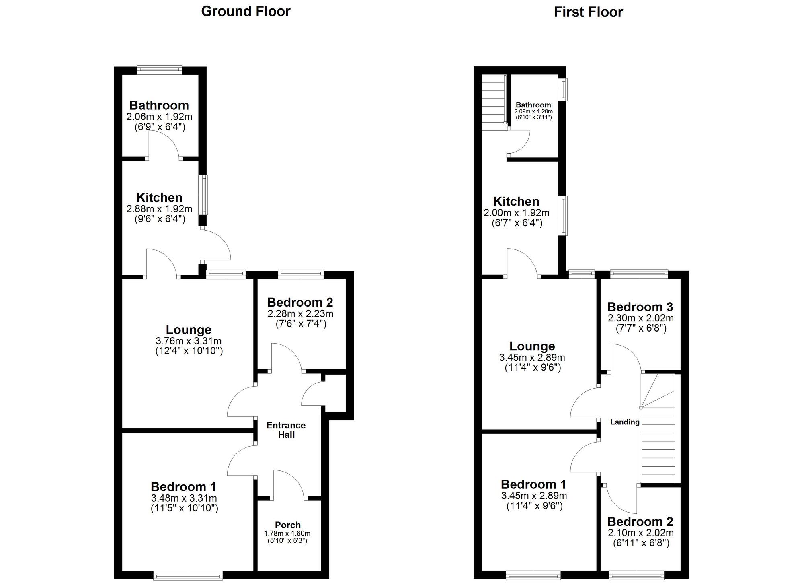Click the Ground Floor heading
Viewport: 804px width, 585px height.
click(246, 11)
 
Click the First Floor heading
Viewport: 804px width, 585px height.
click(588, 12)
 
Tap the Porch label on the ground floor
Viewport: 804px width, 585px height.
click(288, 525)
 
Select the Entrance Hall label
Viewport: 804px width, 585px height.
click(286, 430)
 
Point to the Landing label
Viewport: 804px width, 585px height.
click(625, 422)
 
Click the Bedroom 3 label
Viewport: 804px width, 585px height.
click(640, 307)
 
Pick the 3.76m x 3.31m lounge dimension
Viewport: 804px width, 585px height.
click(189, 341)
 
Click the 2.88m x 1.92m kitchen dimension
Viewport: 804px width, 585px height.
click(159, 209)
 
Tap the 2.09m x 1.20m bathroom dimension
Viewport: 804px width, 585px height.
click(533, 111)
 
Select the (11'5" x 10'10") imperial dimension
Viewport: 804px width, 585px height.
click(185, 508)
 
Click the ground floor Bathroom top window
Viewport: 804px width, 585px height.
click(159, 70)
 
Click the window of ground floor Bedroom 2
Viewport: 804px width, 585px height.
click(301, 274)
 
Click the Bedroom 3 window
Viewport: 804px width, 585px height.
click(639, 274)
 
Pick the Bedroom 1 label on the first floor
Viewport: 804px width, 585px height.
click(533, 484)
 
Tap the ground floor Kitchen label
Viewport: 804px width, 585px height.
click(159, 198)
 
